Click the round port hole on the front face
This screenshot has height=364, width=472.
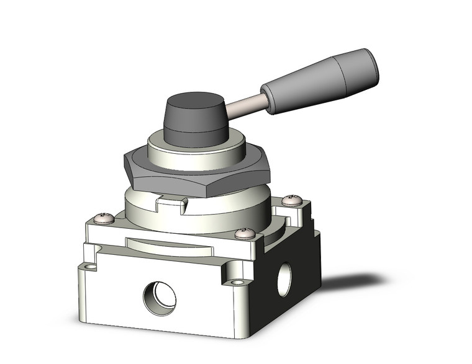(155, 300)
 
